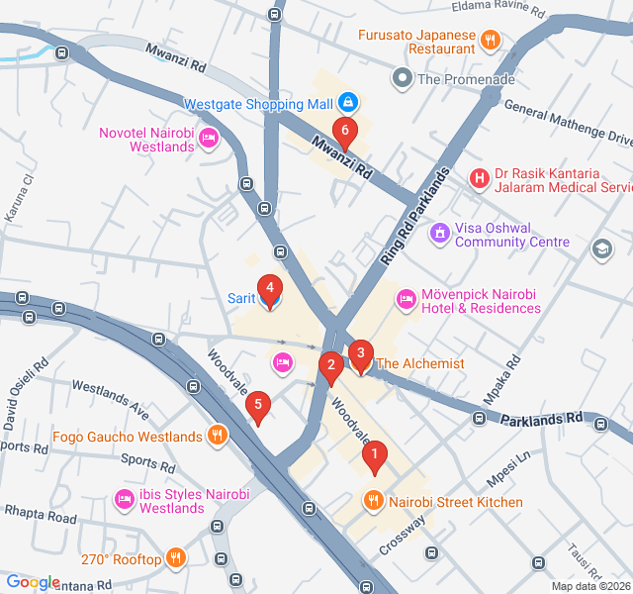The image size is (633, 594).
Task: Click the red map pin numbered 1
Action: point(374,456)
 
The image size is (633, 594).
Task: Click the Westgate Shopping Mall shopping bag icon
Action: point(347,102)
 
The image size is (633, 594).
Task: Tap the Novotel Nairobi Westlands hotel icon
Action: point(208,140)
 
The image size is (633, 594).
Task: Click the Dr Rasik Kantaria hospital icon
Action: point(479,179)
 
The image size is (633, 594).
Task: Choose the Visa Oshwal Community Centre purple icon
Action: point(439,234)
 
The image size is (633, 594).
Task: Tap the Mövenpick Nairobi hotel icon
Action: point(406,299)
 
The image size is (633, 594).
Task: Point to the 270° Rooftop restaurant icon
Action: point(176,558)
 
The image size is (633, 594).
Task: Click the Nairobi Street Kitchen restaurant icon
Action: point(373,501)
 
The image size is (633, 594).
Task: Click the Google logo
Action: point(33,583)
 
